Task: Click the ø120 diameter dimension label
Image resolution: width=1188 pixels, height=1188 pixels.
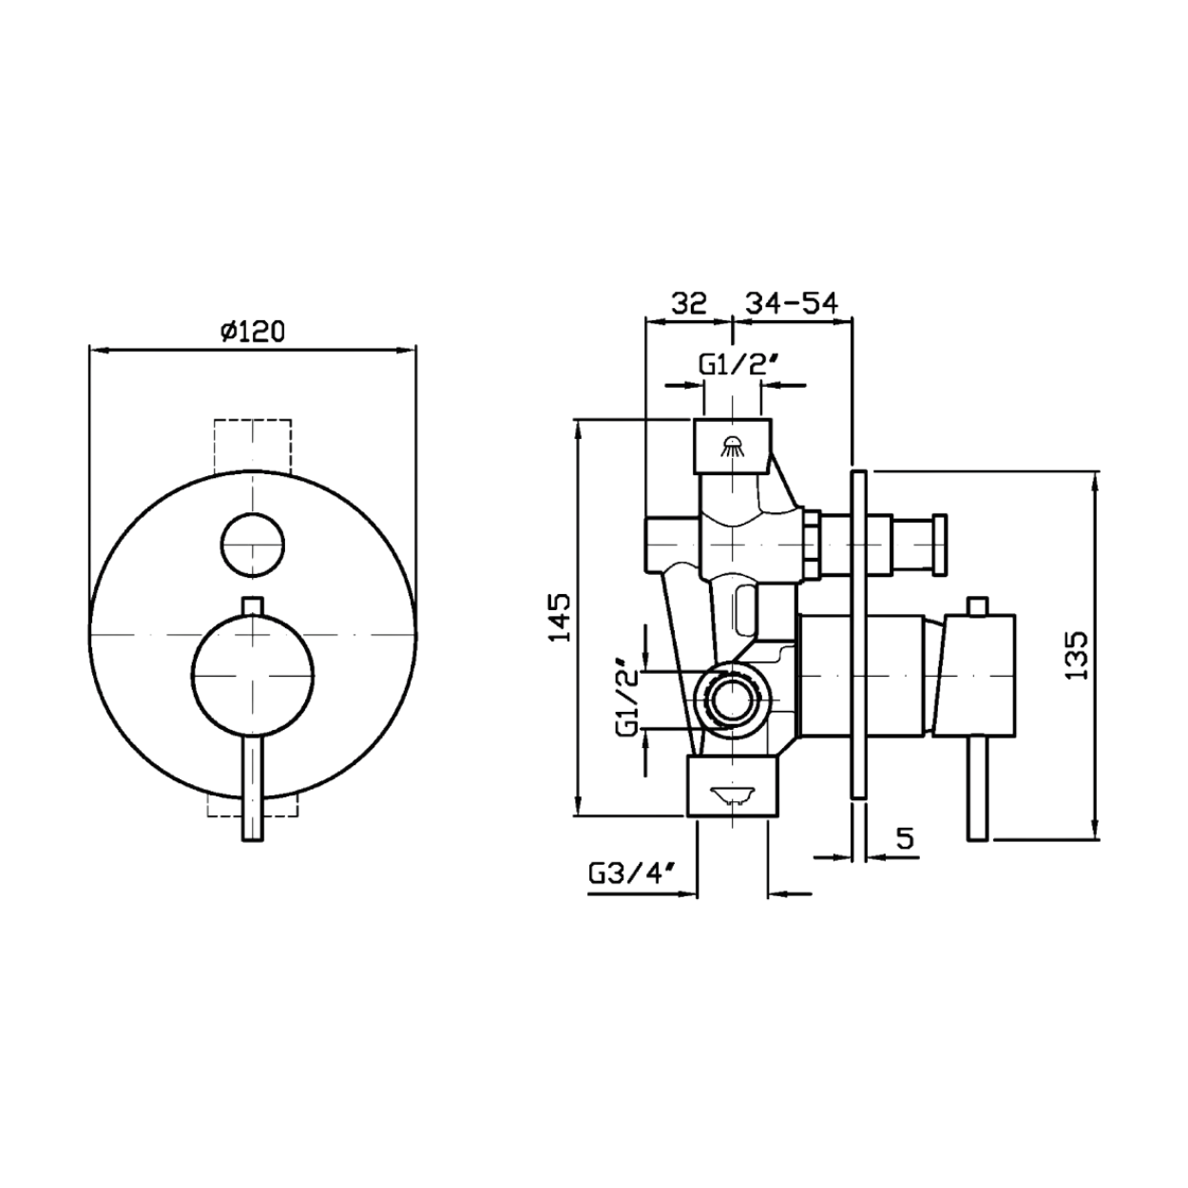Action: pyautogui.click(x=253, y=333)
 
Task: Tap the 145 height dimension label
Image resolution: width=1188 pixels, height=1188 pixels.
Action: pyautogui.click(x=562, y=618)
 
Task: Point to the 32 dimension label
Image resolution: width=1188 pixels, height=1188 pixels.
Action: pyautogui.click(x=688, y=303)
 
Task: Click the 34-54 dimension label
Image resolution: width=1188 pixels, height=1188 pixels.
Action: pyautogui.click(x=793, y=303)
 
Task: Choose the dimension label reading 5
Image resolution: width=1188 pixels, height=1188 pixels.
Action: pyautogui.click(x=905, y=838)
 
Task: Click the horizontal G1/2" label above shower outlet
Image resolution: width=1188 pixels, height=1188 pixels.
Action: pyautogui.click(x=736, y=366)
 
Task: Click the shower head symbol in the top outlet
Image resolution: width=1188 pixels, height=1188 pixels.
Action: pyautogui.click(x=732, y=446)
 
